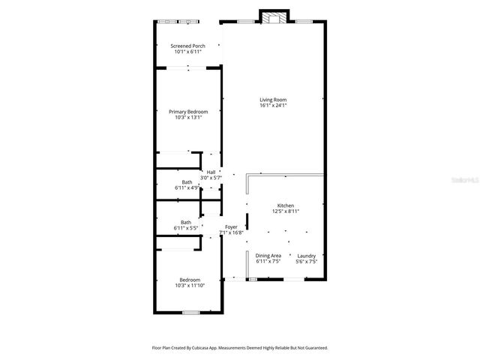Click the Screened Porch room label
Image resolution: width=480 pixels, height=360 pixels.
(187, 46)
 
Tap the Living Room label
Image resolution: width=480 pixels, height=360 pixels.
(273, 100)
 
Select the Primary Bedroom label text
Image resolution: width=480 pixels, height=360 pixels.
(187, 112)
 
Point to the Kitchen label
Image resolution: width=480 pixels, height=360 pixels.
(285, 205)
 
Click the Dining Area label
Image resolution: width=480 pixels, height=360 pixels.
(268, 256)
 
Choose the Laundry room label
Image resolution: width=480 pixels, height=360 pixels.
(306, 256)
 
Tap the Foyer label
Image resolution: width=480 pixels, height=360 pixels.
(231, 227)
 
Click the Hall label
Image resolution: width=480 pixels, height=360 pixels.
(211, 172)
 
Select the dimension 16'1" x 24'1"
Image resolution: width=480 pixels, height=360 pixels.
(273, 106)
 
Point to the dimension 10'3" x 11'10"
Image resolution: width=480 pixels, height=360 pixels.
(189, 286)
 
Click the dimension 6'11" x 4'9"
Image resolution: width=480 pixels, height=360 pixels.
(186, 187)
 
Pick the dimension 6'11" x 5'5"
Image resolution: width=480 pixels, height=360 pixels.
(185, 227)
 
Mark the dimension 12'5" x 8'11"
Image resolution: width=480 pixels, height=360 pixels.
(285, 211)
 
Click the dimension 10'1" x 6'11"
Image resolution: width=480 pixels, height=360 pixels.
(187, 52)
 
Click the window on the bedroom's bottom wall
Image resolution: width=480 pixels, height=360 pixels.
(190, 312)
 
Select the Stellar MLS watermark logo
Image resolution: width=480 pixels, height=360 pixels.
(460, 181)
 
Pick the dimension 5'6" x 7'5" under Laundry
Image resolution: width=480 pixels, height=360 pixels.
(306, 262)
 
